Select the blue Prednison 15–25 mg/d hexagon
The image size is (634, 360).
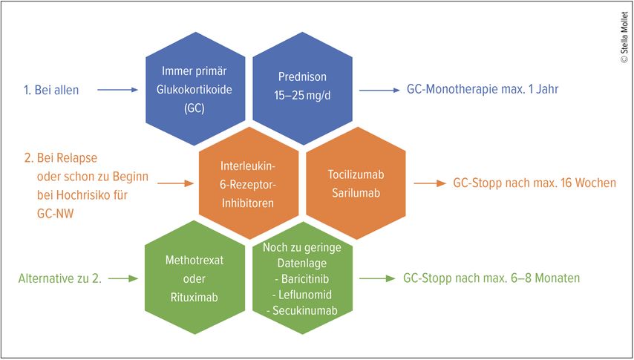click(301, 90)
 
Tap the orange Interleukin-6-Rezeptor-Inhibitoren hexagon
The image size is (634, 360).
click(249, 183)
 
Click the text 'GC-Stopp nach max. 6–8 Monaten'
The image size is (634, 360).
click(491, 278)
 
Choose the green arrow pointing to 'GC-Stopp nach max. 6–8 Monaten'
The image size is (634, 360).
click(377, 278)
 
